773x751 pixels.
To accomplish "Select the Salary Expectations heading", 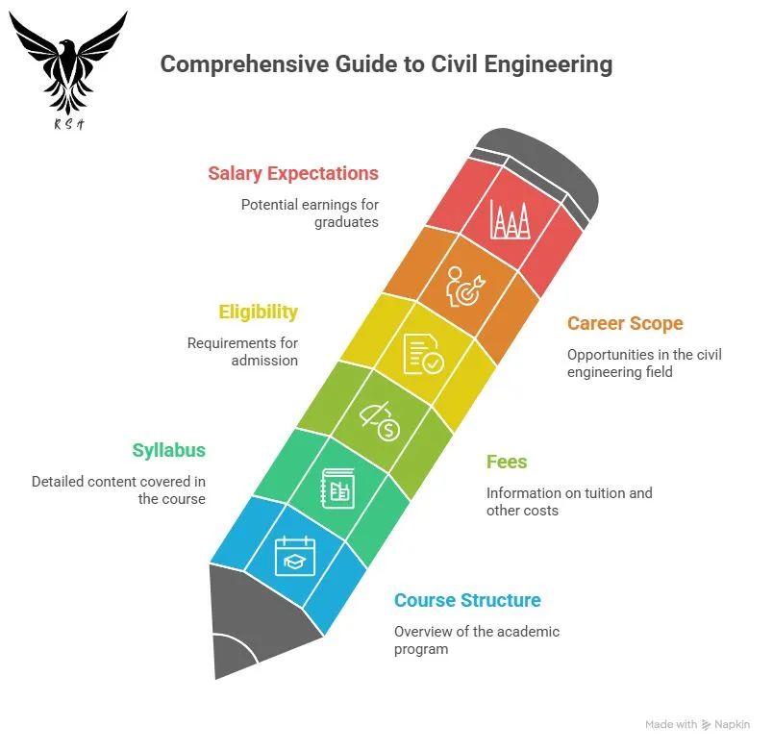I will [x=293, y=174].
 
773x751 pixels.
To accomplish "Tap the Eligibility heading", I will [x=258, y=313].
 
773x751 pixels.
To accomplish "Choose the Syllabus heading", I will [x=169, y=450].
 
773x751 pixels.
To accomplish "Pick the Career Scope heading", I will [x=626, y=324].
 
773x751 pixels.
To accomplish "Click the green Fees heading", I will [x=507, y=463].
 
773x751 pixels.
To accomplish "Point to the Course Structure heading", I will [x=467, y=601].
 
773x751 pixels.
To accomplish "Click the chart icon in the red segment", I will [x=510, y=220].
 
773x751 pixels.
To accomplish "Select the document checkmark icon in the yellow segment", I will [x=424, y=353].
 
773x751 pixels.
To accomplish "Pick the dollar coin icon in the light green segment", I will [x=380, y=421].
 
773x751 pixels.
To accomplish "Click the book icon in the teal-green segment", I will [x=337, y=488].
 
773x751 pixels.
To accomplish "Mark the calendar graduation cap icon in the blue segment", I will [x=295, y=555].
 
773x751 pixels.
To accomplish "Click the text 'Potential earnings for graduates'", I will [x=310, y=213].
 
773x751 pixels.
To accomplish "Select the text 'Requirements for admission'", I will [x=242, y=352].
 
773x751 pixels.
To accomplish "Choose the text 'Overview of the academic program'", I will [x=477, y=640].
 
